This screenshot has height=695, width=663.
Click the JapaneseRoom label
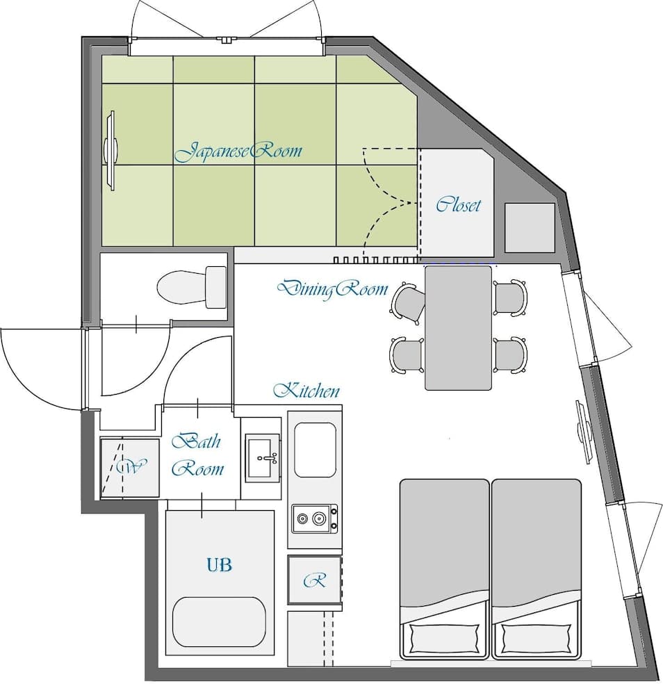point(238,152)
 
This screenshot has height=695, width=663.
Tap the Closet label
point(458,205)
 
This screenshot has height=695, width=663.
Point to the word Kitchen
point(306,391)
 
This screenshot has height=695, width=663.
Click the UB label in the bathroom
point(219,564)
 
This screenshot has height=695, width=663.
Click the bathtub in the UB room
point(220,621)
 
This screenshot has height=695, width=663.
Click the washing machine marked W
point(129,467)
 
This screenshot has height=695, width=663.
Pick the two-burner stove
point(315,518)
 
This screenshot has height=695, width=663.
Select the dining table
point(458,327)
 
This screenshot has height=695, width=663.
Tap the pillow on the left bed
point(444,637)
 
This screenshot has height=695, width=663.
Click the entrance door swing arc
point(35,368)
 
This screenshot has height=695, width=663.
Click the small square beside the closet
point(530,228)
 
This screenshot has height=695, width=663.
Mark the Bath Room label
point(197,455)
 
